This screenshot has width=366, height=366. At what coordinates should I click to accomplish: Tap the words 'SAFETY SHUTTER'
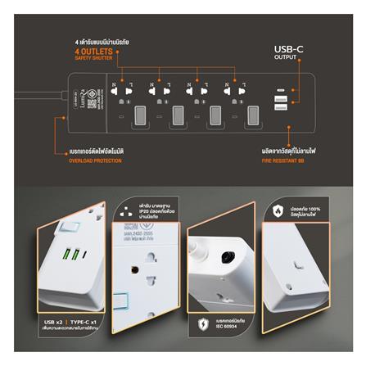94,59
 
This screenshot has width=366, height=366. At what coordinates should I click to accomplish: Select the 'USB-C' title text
291,49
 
